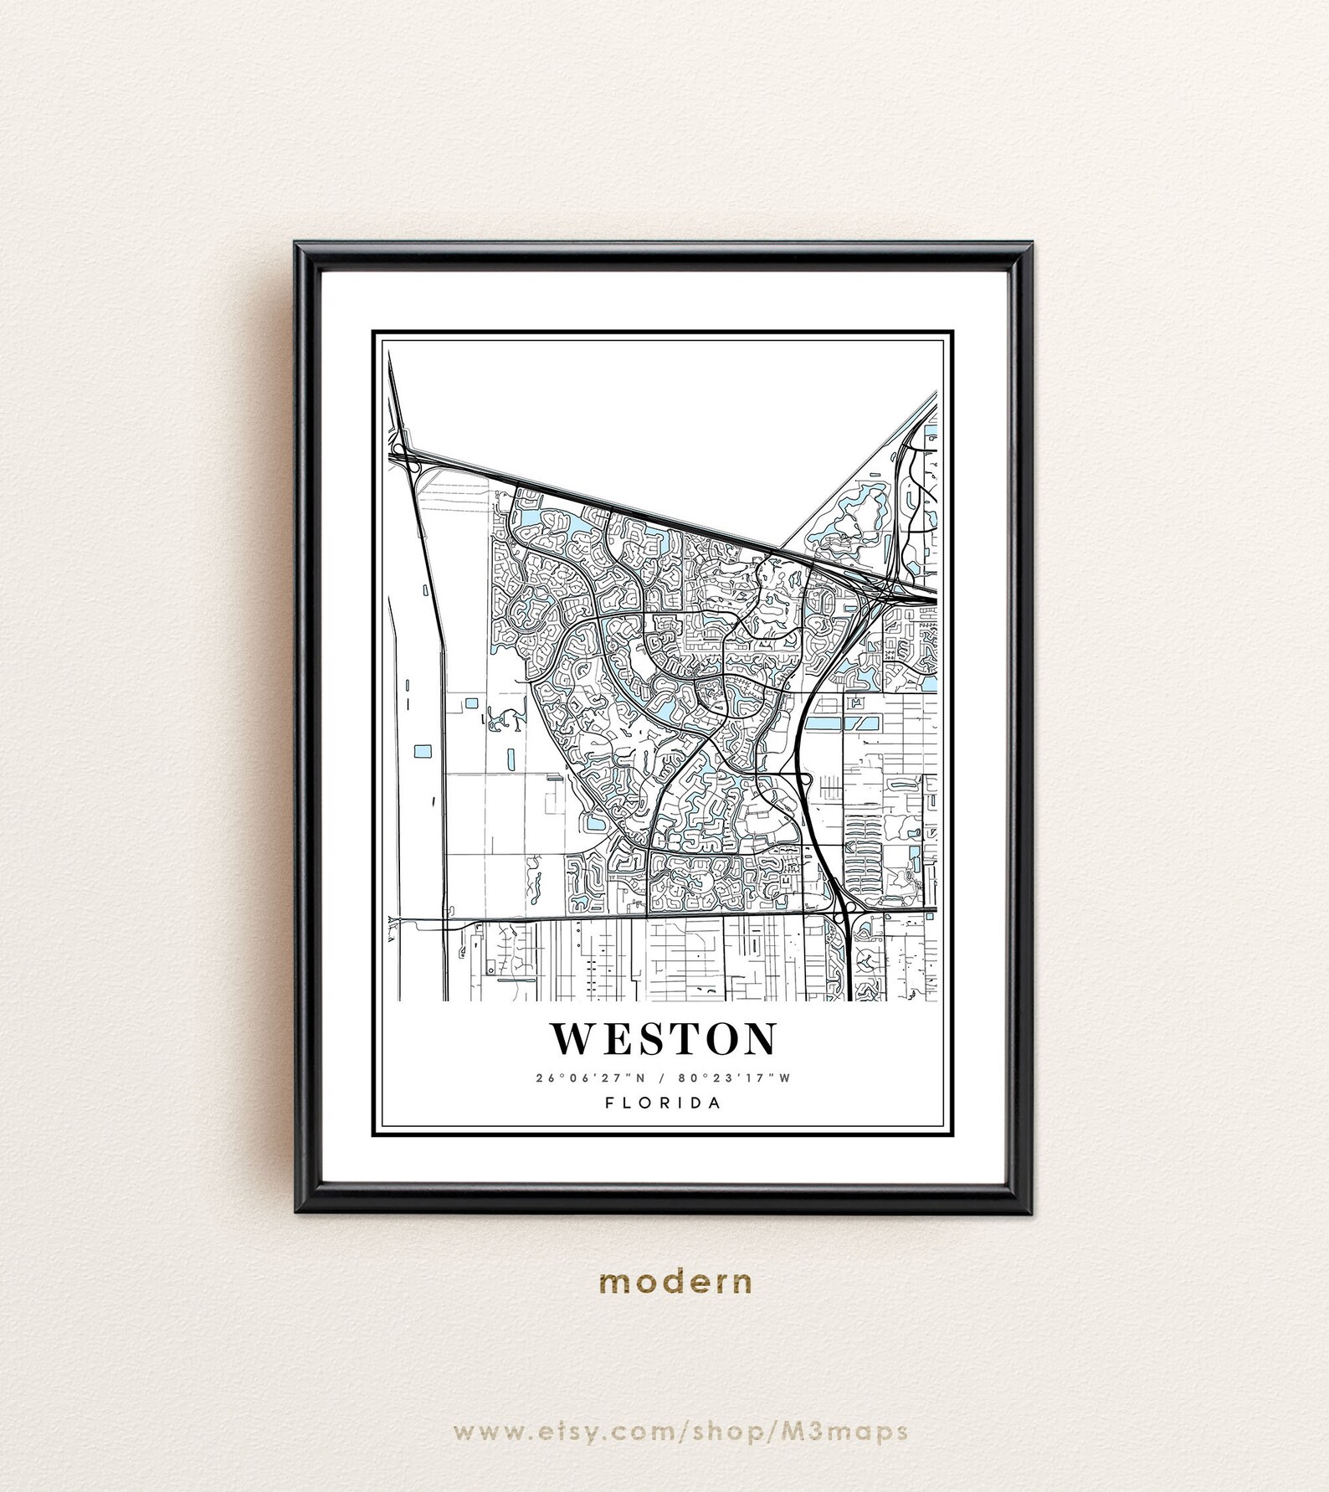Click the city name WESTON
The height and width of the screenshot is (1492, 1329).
(664, 1039)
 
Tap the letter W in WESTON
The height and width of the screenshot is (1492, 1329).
(571, 1039)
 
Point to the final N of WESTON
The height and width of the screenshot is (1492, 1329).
(760, 1039)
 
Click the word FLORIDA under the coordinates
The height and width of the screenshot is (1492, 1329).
(664, 1103)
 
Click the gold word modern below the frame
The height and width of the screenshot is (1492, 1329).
(675, 1281)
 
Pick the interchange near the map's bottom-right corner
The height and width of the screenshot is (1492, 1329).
(842, 913)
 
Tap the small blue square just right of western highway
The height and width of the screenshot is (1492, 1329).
(471, 702)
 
